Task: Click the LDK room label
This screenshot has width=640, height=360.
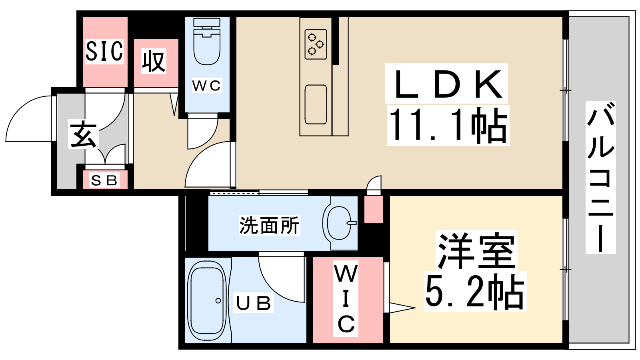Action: (447, 84)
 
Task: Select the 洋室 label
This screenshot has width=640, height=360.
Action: (476, 251)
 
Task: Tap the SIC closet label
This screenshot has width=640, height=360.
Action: (104, 51)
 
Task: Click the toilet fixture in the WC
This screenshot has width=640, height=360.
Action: (207, 44)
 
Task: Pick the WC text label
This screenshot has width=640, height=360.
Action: (206, 85)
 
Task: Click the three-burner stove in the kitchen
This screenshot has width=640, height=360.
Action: (316, 44)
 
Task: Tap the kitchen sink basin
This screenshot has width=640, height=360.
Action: (316, 104)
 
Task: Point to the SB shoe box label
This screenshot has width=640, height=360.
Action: (104, 180)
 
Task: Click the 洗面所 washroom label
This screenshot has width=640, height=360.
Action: (269, 225)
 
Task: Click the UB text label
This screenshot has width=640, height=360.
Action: (254, 303)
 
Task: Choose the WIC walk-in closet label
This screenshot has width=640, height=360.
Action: (346, 298)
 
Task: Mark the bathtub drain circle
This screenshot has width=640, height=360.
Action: (218, 300)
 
